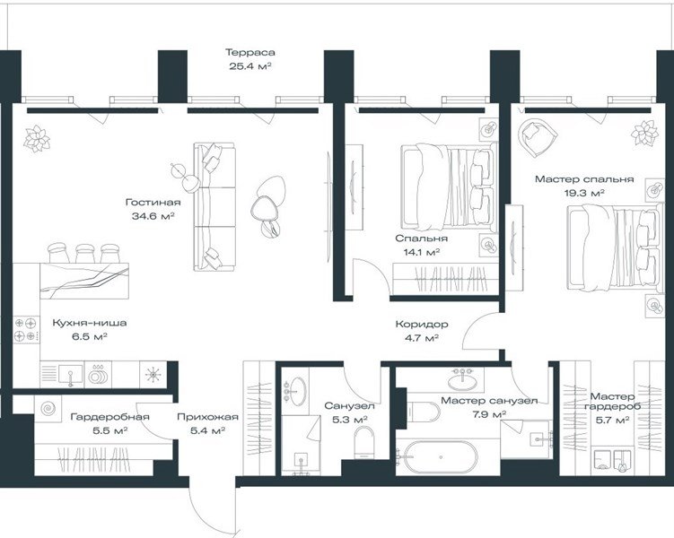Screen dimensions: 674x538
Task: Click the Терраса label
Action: pyautogui.click(x=250, y=53)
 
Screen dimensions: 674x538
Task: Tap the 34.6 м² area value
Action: pyautogui.click(x=153, y=216)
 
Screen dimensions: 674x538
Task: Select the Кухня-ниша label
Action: pyautogui.click(x=90, y=323)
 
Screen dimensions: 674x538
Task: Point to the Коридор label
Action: pyautogui.click(x=422, y=325)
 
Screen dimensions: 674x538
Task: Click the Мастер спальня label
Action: pyautogui.click(x=584, y=179)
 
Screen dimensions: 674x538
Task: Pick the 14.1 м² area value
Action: pyautogui.click(x=421, y=252)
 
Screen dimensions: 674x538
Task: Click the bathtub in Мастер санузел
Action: pyautogui.click(x=437, y=457)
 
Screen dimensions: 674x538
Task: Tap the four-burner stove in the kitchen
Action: pyautogui.click(x=25, y=329)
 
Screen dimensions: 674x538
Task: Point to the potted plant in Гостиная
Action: pyautogui.click(x=37, y=139)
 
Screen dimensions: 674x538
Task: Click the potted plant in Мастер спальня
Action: pyautogui.click(x=644, y=133)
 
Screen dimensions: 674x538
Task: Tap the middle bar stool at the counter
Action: pyautogui.click(x=84, y=254)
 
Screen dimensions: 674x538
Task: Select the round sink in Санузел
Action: pyautogui.click(x=296, y=391)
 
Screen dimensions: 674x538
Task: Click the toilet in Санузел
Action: pyautogui.click(x=363, y=442)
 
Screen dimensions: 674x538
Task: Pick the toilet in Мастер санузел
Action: pyautogui.click(x=424, y=412)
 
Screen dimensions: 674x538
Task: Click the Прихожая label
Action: pyautogui.click(x=207, y=417)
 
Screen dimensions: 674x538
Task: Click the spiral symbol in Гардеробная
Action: pyautogui.click(x=48, y=408)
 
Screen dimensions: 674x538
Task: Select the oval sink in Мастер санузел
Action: pyautogui.click(x=462, y=379)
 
